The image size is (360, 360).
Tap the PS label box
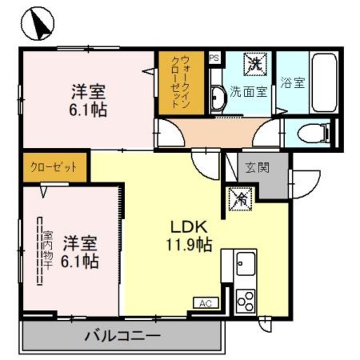tap(214, 58)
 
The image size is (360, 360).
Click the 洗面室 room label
tap(248, 92)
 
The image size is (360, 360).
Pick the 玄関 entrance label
tap(256, 167)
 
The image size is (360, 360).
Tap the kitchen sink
tap(246, 263)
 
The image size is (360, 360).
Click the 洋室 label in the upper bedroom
tap(89, 90)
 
